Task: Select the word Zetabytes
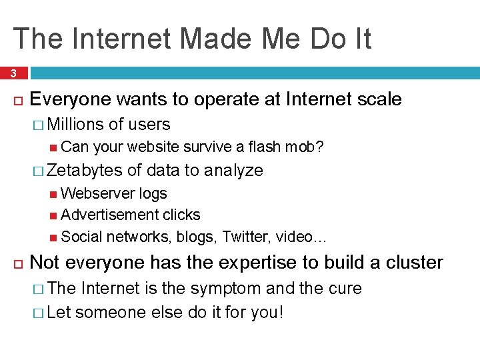click(x=85, y=171)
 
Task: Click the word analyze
click(x=233, y=171)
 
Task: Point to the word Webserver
click(x=98, y=193)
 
